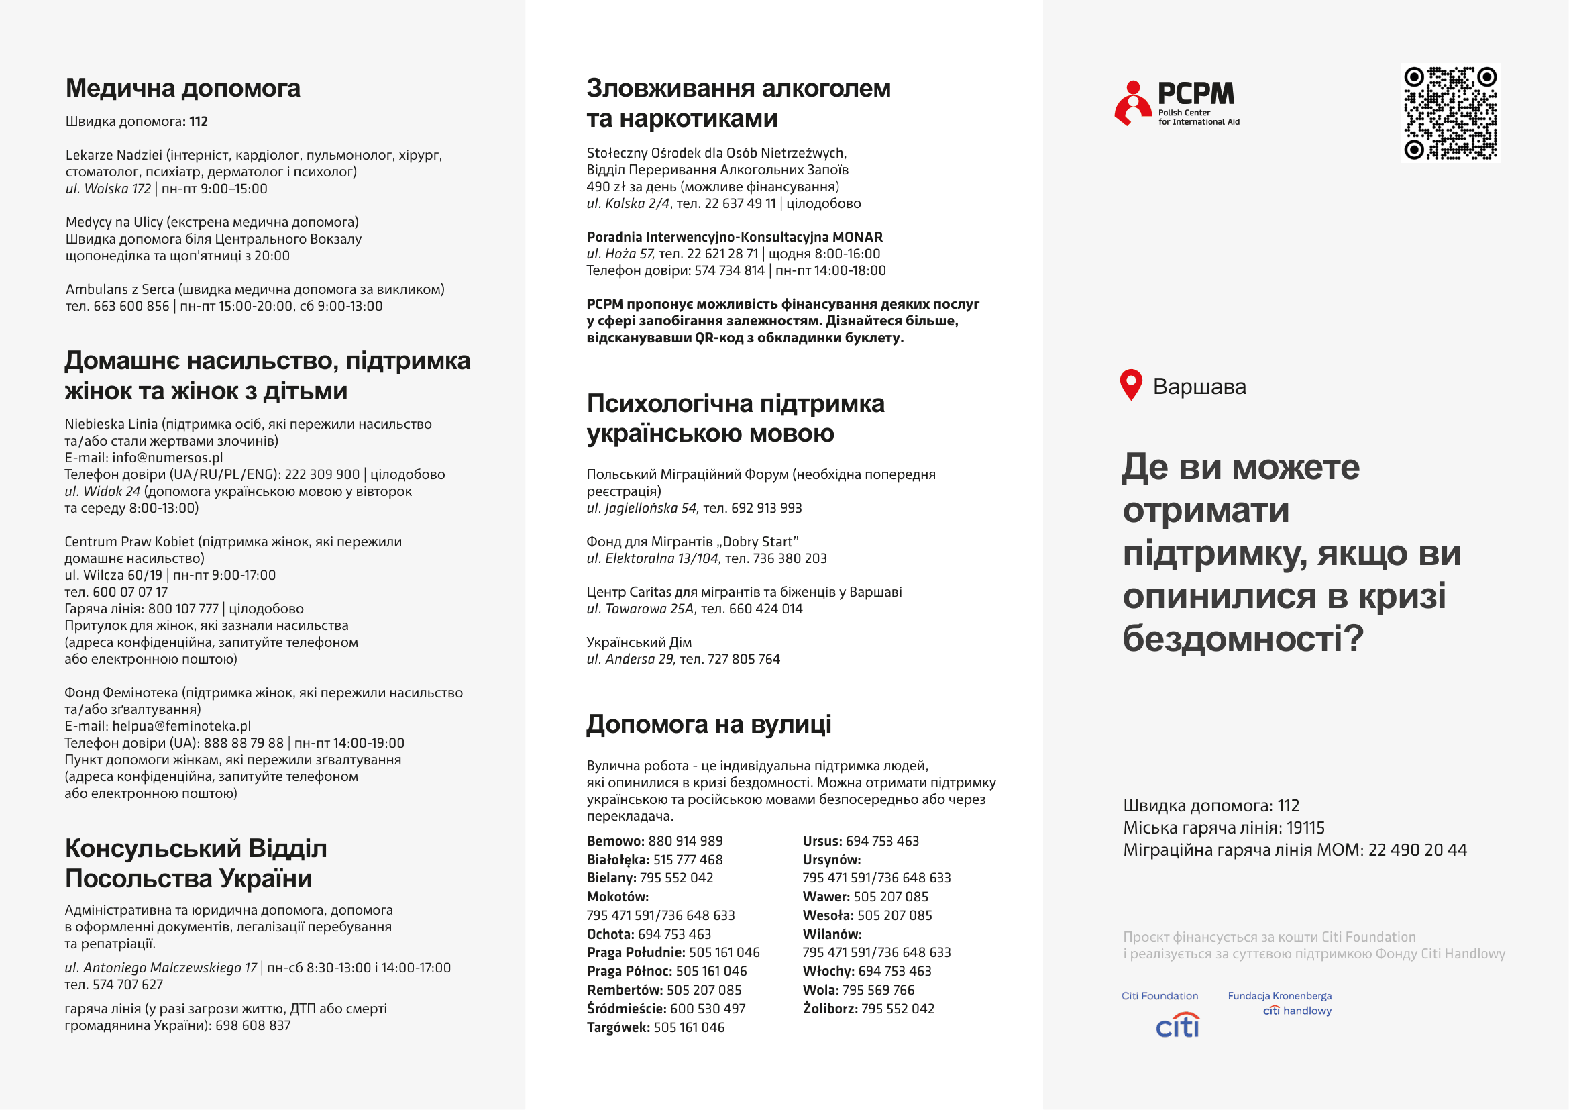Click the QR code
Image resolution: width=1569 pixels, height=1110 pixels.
pyautogui.click(x=1450, y=113)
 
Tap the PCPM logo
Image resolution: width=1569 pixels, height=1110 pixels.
pyautogui.click(x=1176, y=103)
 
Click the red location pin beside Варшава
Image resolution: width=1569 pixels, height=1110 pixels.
pyautogui.click(x=1131, y=385)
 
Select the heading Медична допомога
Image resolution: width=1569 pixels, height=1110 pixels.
pyautogui.click(x=182, y=88)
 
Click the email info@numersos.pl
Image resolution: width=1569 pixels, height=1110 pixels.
pyautogui.click(x=168, y=458)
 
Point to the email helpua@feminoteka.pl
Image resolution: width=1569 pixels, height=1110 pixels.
pyautogui.click(x=181, y=726)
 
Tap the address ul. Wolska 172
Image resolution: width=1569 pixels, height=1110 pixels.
pyautogui.click(x=108, y=189)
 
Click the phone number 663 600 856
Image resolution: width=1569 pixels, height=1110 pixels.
pyautogui.click(x=131, y=306)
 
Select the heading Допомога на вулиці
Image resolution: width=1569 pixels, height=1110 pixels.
pyautogui.click(x=708, y=725)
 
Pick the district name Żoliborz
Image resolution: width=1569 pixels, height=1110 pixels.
pyautogui.click(x=830, y=1009)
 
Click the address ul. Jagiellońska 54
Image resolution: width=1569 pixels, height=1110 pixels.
pyautogui.click(x=642, y=508)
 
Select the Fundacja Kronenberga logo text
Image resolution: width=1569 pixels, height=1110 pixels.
pyautogui.click(x=1279, y=996)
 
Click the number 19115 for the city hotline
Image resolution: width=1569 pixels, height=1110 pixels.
pyautogui.click(x=1305, y=827)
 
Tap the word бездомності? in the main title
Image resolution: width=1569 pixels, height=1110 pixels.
pyautogui.click(x=1242, y=638)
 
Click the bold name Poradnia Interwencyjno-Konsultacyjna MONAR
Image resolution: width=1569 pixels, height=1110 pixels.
pyautogui.click(x=735, y=237)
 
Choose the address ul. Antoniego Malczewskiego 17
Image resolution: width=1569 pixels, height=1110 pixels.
pyautogui.click(x=160, y=968)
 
